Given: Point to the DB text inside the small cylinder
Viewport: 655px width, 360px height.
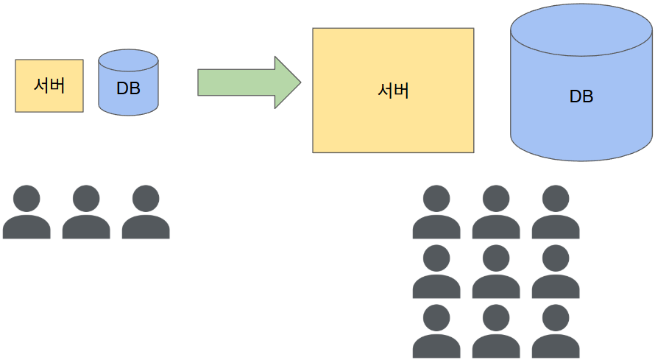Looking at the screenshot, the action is tap(129, 88).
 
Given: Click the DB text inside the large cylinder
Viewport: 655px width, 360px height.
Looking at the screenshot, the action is tap(581, 96).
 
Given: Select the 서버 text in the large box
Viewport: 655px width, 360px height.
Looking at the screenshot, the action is tap(393, 91).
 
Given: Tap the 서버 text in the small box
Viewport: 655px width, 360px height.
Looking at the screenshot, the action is tap(49, 85).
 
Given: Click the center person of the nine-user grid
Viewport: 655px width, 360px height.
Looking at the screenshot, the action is tap(496, 272).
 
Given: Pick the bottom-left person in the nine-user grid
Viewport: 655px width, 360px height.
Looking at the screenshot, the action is tap(436, 331).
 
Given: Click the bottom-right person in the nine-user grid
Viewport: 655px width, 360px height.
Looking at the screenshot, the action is tap(556, 331).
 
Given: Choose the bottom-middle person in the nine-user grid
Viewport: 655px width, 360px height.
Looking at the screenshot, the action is tap(496, 331).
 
